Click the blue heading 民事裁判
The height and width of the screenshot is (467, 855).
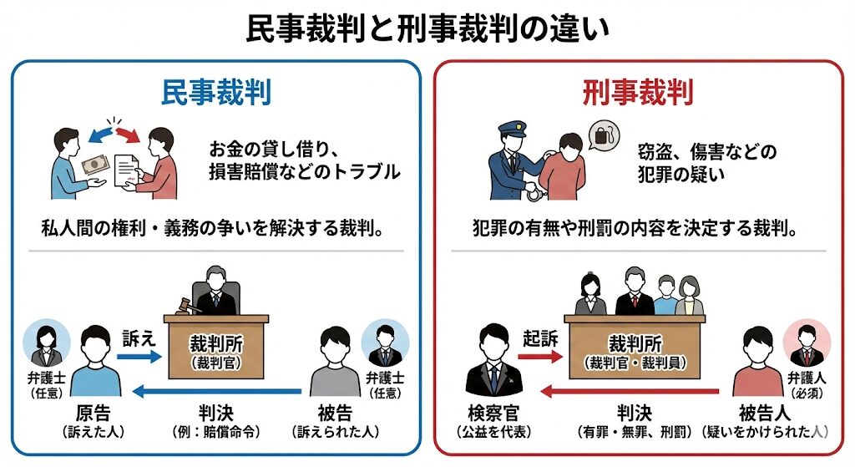(x=216, y=94)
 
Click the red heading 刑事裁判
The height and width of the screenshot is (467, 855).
(x=638, y=94)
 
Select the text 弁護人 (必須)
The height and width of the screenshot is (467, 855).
(x=807, y=383)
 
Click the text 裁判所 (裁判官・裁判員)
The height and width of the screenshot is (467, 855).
(x=637, y=352)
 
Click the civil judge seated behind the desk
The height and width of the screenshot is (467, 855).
(x=216, y=289)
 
